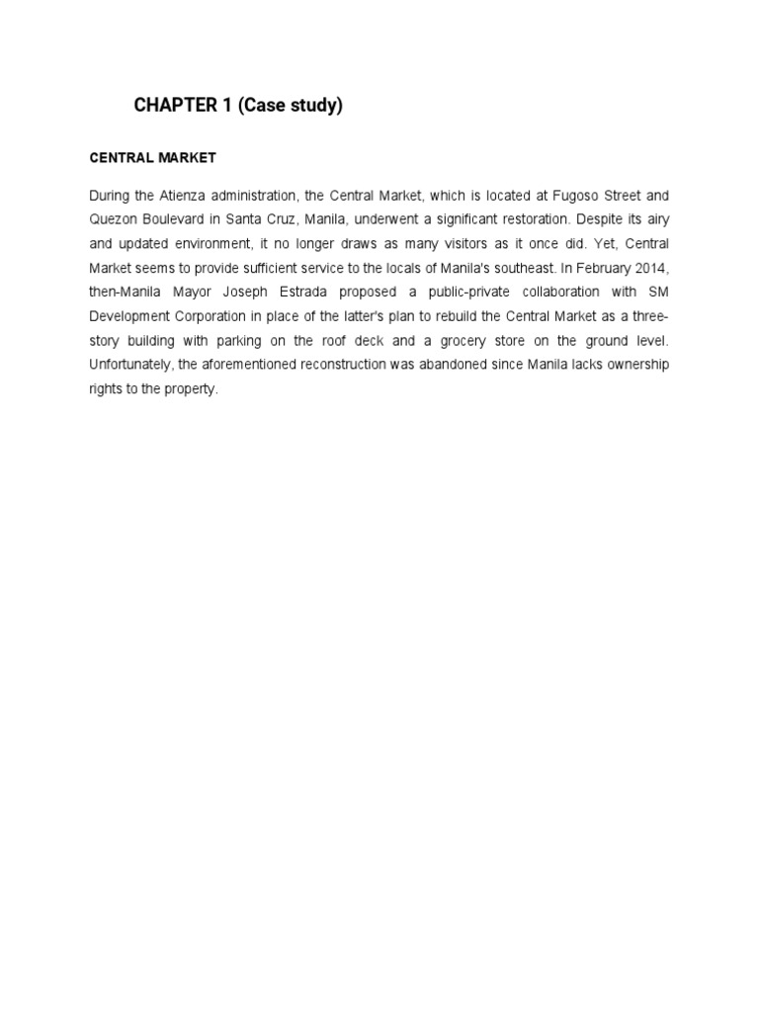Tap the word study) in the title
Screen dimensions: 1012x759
[313, 107]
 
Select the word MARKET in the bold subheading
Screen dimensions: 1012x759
[185, 158]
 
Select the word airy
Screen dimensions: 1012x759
[654, 219]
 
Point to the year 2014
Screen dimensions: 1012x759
[652, 268]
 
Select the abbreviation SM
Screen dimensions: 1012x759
[657, 293]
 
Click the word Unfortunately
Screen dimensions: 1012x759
[131, 365]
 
